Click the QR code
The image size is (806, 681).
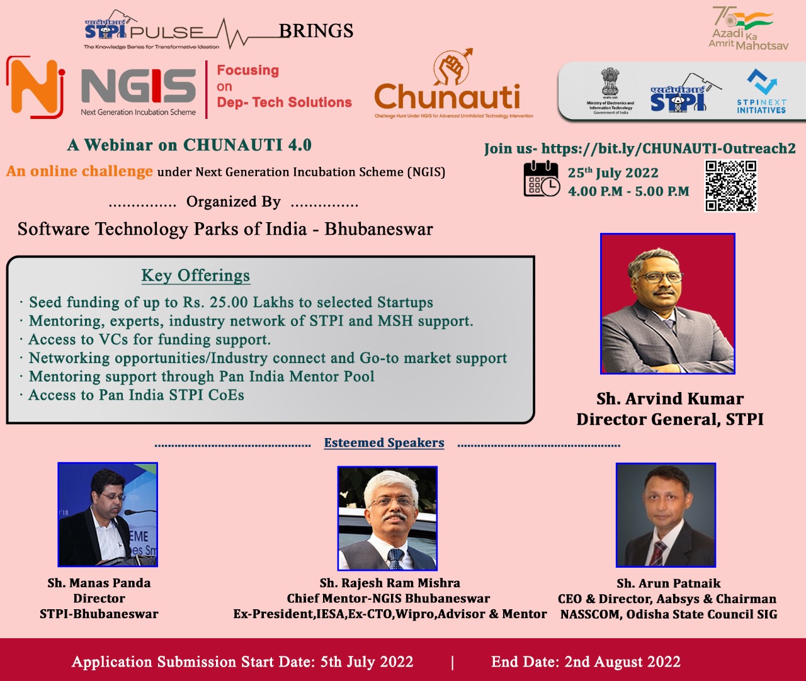click(730, 186)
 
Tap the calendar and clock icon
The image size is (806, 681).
click(541, 179)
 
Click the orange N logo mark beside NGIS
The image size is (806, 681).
click(35, 87)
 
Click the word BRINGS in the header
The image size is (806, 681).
click(316, 31)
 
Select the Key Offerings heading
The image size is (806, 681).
click(195, 276)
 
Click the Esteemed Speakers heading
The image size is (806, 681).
click(384, 443)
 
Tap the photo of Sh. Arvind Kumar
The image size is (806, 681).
click(667, 303)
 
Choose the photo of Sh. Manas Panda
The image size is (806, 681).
click(108, 515)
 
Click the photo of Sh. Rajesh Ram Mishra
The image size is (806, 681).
click(387, 518)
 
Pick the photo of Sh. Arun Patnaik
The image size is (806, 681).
click(666, 515)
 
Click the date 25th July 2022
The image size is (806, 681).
click(613, 173)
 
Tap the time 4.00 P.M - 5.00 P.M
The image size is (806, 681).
click(628, 191)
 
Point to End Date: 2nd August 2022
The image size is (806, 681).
click(586, 662)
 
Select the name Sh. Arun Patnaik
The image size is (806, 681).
click(669, 583)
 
